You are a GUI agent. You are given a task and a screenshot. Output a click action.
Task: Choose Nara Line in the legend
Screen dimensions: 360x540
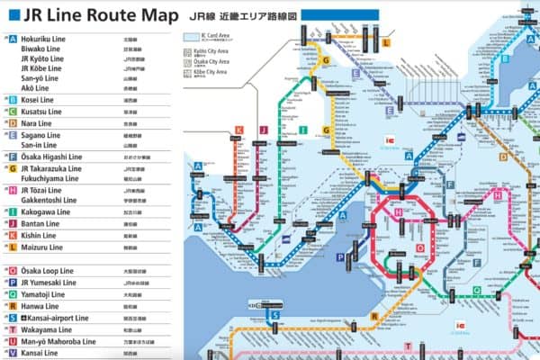[x=38, y=121]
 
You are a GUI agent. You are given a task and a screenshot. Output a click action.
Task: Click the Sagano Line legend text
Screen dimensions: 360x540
[x=41, y=133]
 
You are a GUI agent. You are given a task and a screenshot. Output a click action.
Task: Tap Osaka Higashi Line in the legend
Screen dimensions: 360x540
[x=52, y=157]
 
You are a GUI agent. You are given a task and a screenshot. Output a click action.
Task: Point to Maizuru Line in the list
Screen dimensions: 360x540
[x=42, y=247]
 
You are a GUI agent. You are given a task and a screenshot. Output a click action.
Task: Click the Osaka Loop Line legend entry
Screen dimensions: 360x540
[x=49, y=270]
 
